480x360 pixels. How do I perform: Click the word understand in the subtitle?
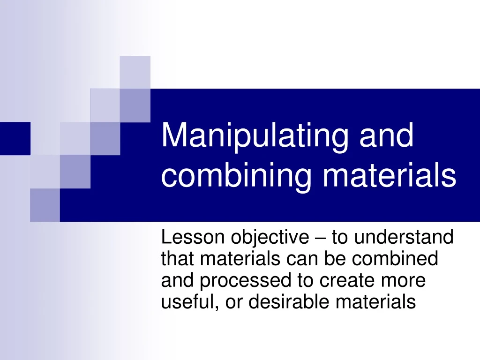(404, 238)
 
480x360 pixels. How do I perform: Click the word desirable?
(291, 302)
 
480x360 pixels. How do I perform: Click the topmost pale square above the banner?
(135, 72)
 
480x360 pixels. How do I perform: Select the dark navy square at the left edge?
(15, 138)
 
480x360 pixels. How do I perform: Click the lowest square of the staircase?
(45, 205)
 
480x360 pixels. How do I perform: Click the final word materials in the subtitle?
(375, 302)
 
